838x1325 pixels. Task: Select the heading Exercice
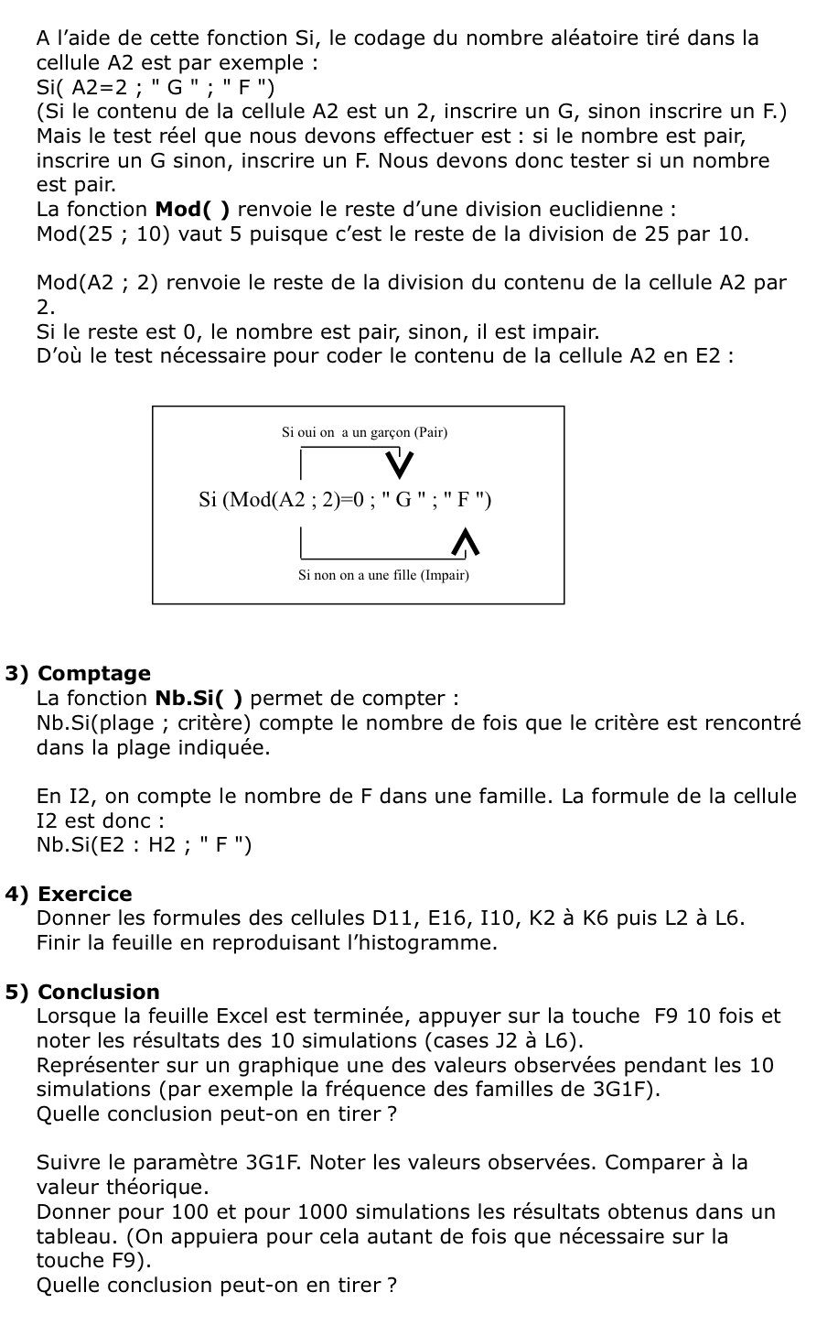click(85, 895)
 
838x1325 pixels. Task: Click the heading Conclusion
click(99, 993)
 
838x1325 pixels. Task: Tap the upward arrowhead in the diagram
click(466, 542)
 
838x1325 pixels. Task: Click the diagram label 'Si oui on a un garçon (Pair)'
click(364, 432)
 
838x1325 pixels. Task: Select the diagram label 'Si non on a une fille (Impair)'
click(383, 576)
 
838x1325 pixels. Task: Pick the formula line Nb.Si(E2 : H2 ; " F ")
click(144, 845)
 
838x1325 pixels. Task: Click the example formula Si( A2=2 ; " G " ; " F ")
click(155, 88)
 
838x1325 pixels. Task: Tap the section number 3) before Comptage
click(17, 674)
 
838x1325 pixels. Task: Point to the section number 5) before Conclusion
click(17, 993)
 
